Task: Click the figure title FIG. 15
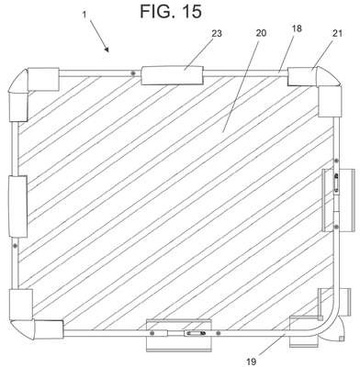pyautogui.click(x=171, y=11)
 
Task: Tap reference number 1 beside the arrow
pyautogui.click(x=84, y=15)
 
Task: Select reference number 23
pyautogui.click(x=217, y=33)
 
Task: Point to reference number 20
pyautogui.click(x=261, y=33)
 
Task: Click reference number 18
pyautogui.click(x=297, y=28)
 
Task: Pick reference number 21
pyautogui.click(x=337, y=33)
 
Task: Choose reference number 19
pyautogui.click(x=251, y=361)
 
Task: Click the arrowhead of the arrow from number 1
pyautogui.click(x=107, y=49)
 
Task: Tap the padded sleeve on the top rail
pyautogui.click(x=173, y=75)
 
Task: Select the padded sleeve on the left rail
pyautogui.click(x=17, y=206)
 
